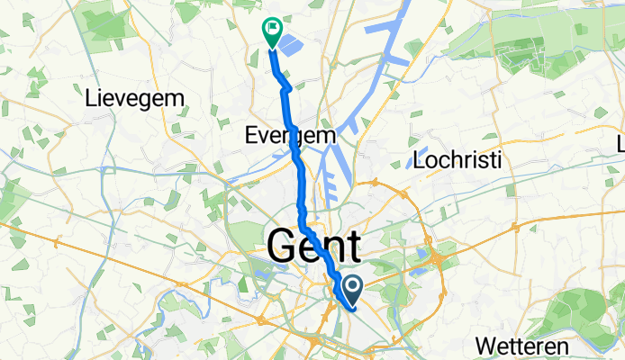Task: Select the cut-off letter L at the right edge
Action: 620,145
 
